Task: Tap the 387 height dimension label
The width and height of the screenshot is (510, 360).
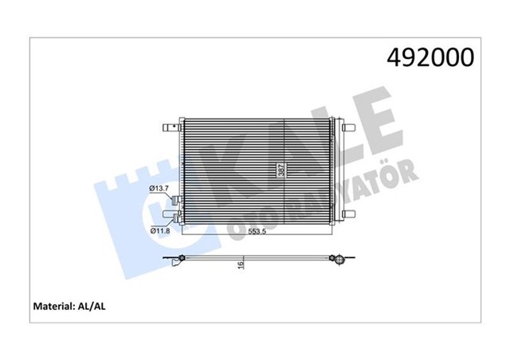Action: coord(280,170)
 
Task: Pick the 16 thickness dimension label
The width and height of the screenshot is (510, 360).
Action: coord(240,268)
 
